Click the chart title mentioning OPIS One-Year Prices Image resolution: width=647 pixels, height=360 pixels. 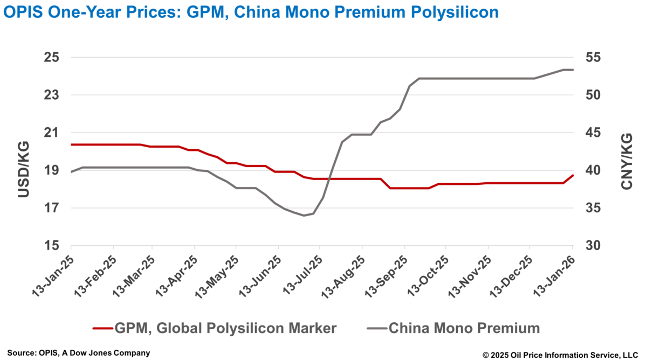(x=251, y=12)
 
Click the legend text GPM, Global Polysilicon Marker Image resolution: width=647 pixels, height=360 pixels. (x=225, y=328)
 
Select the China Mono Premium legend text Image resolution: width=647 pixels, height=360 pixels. (x=464, y=328)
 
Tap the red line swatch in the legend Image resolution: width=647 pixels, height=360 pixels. (x=102, y=328)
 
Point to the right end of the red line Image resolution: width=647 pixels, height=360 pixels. (x=573, y=175)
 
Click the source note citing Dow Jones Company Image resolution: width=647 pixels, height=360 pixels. (x=79, y=353)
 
